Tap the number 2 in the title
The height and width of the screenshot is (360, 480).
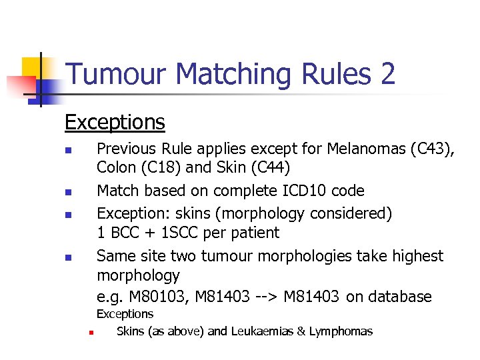[x=387, y=74]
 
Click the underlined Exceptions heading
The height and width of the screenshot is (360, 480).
[x=115, y=122]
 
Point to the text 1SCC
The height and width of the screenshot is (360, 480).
[x=170, y=233]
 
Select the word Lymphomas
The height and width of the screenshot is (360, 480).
[x=341, y=331]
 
